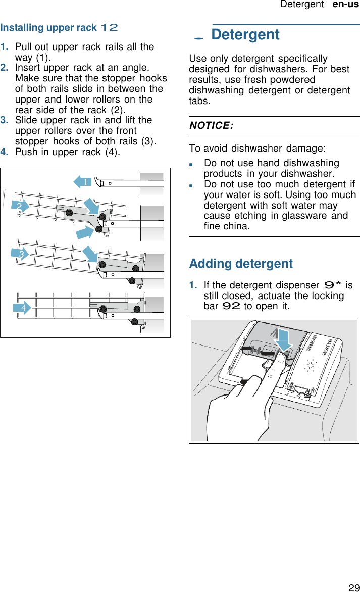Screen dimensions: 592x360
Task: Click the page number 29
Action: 353,587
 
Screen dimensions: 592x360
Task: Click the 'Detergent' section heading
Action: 245,35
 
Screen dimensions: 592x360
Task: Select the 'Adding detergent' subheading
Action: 241,264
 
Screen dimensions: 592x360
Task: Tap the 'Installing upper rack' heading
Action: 48,27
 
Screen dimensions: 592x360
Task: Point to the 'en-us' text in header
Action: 346,5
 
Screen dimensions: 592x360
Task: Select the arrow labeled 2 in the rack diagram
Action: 21,206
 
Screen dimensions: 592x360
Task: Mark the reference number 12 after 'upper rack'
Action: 110,27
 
